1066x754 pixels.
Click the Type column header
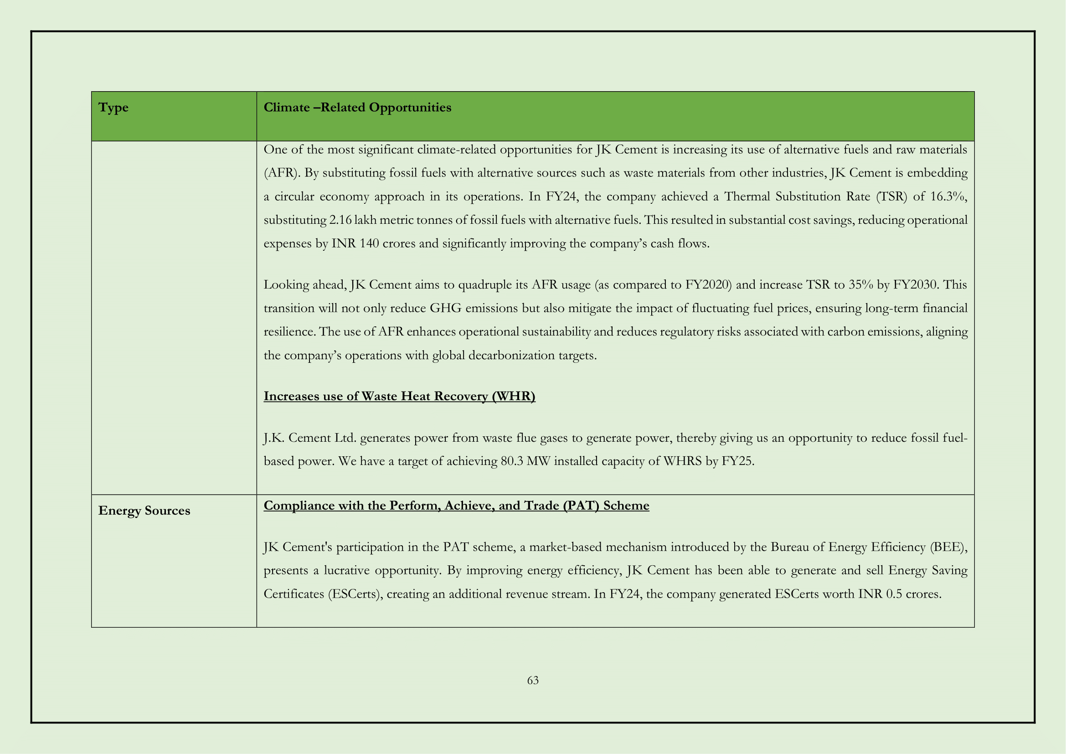coord(113,108)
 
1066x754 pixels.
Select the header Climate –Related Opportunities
coord(357,108)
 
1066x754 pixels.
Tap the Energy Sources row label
coord(144,511)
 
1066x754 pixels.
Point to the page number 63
coord(532,680)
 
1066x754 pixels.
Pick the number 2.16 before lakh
coord(340,220)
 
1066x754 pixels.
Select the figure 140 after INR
coord(369,244)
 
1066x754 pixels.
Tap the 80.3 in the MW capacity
coord(512,461)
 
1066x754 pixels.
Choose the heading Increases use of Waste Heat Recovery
coord(399,396)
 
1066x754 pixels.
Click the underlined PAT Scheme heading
coord(456,506)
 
